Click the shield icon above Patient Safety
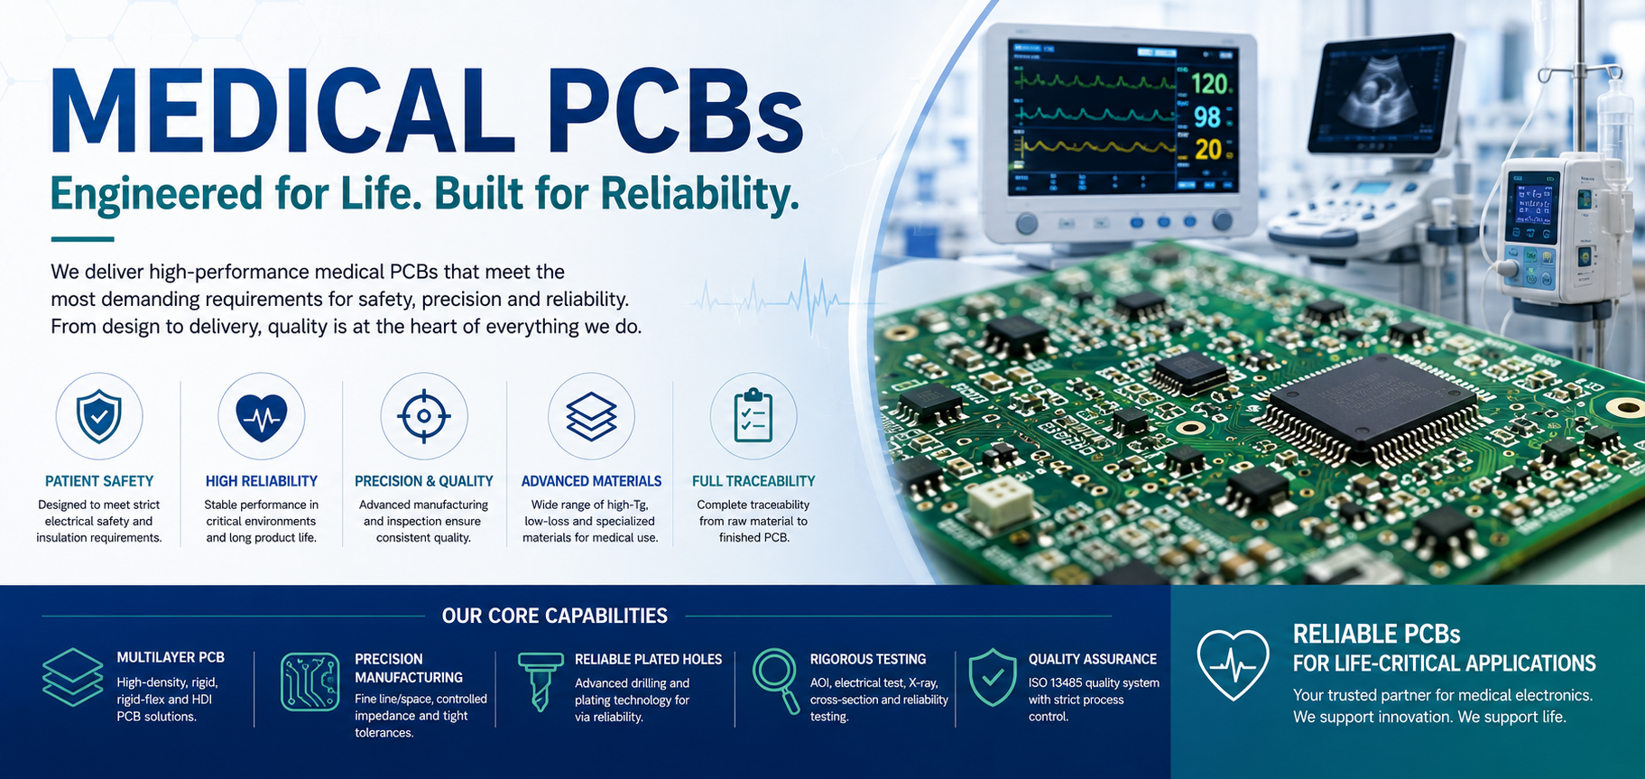(99, 416)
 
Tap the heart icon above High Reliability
(262, 418)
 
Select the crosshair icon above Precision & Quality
(424, 416)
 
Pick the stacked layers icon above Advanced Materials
(591, 417)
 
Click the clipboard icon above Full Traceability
(753, 415)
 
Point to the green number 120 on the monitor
(1209, 85)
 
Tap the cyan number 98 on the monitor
(1207, 117)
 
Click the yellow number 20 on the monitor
(1208, 149)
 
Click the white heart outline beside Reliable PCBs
(1233, 665)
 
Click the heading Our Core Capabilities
(555, 616)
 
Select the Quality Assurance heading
(1093, 659)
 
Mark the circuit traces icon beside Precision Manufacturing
(310, 682)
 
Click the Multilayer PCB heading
(171, 657)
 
